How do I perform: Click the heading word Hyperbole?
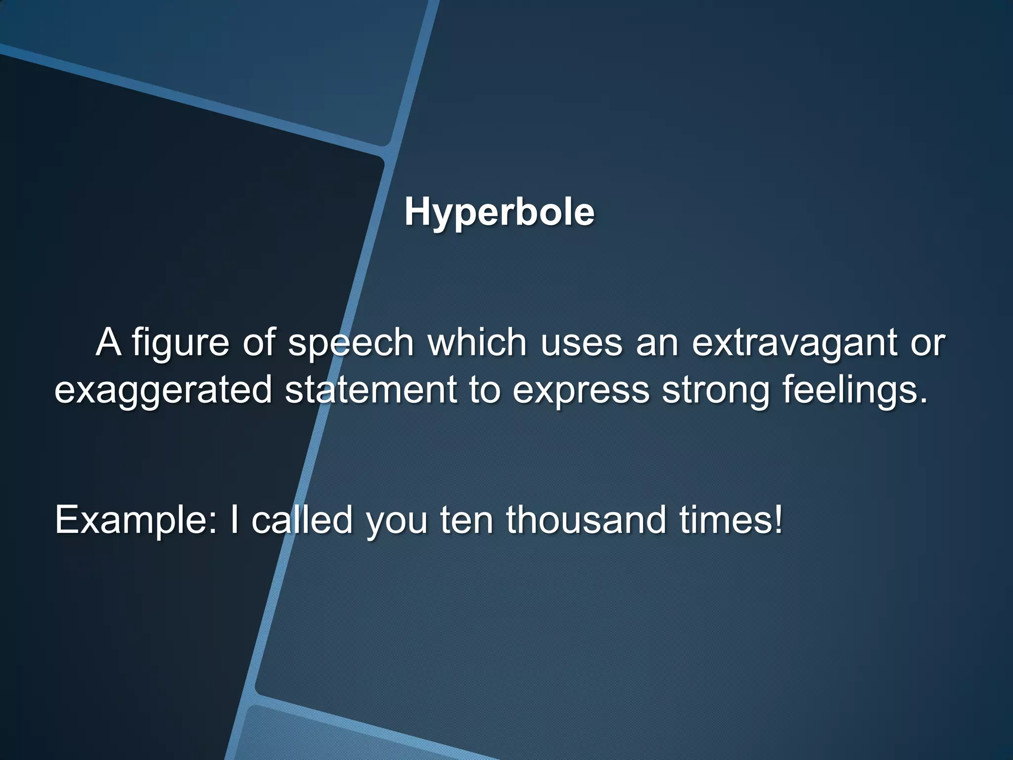[499, 213]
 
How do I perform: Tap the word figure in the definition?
[180, 343]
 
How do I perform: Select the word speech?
[351, 343]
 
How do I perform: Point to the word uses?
[581, 343]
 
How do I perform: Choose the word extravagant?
[794, 343]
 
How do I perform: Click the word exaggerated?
[163, 390]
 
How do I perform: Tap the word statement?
[371, 389]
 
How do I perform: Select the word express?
[581, 390]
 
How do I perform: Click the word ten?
[466, 521]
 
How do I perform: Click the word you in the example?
[396, 522]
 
